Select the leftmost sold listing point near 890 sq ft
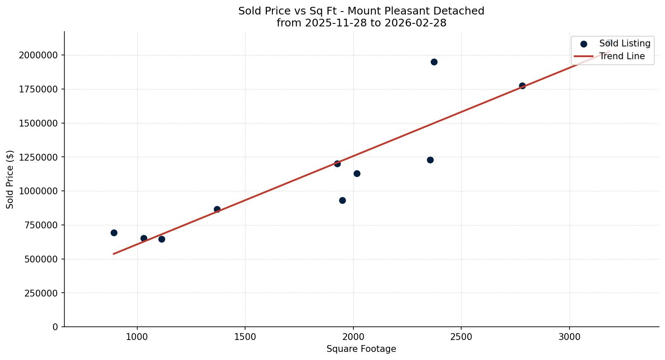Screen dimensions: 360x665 point(114,233)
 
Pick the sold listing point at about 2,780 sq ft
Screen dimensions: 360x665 point(522,86)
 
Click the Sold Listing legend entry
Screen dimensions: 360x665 point(624,43)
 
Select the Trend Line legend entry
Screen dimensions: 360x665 point(622,56)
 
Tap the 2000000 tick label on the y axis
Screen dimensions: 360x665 point(38,55)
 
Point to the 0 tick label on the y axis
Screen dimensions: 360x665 point(55,327)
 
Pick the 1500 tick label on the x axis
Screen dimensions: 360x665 point(245,337)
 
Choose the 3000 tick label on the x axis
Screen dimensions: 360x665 point(569,337)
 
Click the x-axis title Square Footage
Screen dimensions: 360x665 point(361,349)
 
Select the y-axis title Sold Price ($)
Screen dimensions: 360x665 point(10,179)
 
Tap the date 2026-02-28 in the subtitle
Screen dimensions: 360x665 point(415,23)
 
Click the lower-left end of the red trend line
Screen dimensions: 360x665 point(114,253)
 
